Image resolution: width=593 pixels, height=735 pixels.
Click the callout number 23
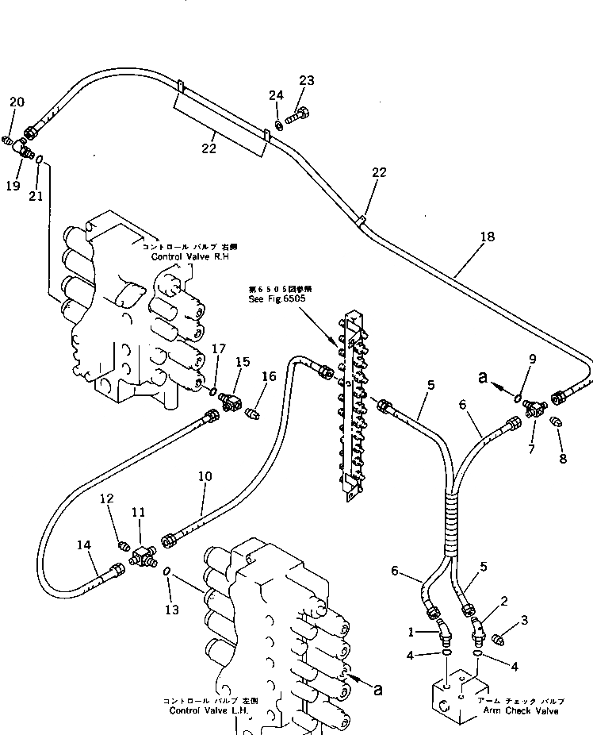[306, 80]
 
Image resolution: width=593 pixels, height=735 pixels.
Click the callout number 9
[533, 359]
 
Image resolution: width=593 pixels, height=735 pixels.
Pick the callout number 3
[524, 619]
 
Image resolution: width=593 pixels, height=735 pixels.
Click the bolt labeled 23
[296, 119]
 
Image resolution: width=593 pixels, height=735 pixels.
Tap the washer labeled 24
[279, 125]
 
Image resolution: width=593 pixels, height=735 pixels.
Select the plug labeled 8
[556, 422]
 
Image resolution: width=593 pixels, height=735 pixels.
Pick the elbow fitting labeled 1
[443, 633]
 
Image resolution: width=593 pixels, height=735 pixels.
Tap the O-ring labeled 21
[38, 159]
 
